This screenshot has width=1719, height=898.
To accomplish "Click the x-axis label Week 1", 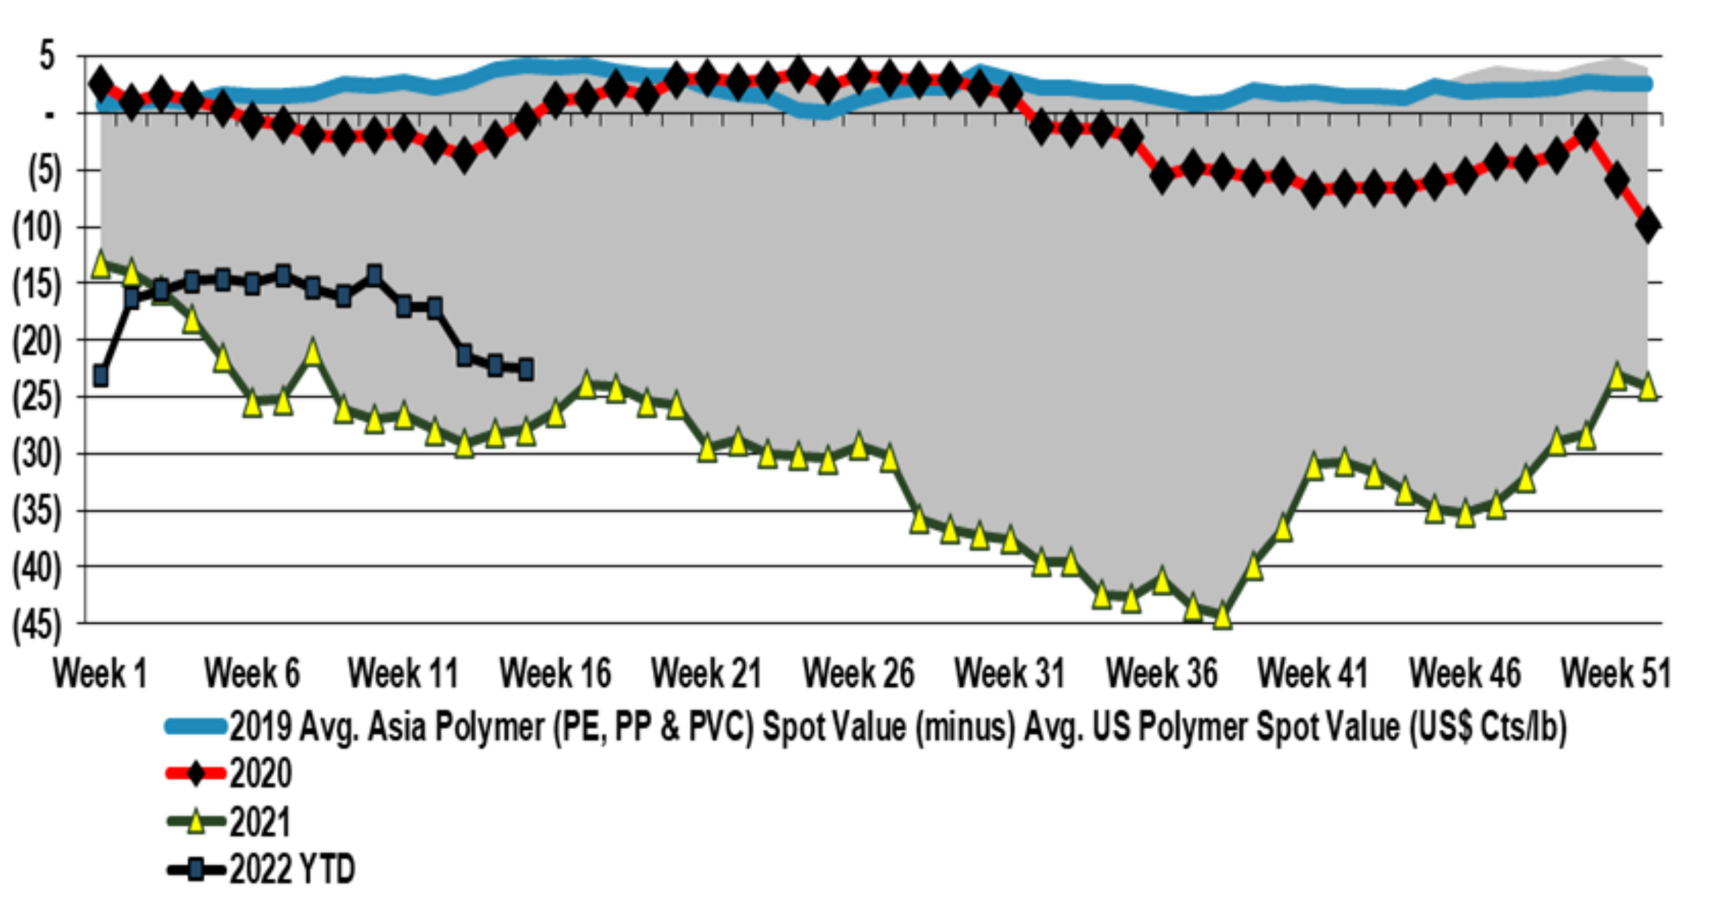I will [101, 673].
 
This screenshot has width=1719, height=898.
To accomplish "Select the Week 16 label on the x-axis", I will [555, 673].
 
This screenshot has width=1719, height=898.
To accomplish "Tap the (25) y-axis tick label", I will [37, 398].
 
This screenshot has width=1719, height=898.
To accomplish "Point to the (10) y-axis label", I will [37, 228].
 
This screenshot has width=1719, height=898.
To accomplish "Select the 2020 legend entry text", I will [261, 774].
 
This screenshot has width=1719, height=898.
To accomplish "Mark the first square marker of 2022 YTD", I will [101, 376].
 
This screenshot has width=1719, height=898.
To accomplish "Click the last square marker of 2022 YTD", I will [526, 369].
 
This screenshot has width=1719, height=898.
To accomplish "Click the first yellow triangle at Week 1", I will [101, 264].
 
